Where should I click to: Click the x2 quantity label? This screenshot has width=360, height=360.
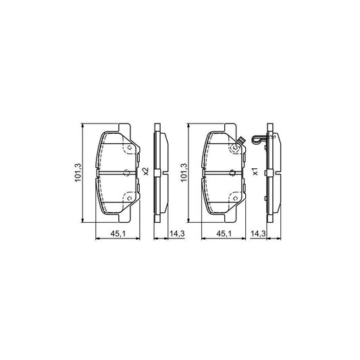pyautogui.click(x=146, y=172)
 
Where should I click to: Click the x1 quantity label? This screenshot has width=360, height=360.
pyautogui.click(x=255, y=172)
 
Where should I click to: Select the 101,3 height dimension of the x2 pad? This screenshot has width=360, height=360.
pyautogui.click(x=78, y=173)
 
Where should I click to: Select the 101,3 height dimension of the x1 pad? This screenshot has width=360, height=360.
pyautogui.click(x=184, y=173)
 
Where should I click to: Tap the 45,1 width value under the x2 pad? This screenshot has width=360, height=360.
pyautogui.click(x=118, y=234)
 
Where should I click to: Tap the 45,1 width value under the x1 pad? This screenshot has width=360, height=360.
pyautogui.click(x=224, y=234)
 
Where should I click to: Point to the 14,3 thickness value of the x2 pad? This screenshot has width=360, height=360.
pyautogui.click(x=177, y=234)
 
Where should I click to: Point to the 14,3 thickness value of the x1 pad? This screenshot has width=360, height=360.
pyautogui.click(x=258, y=234)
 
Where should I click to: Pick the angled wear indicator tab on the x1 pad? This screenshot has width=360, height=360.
pyautogui.click(x=241, y=139)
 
